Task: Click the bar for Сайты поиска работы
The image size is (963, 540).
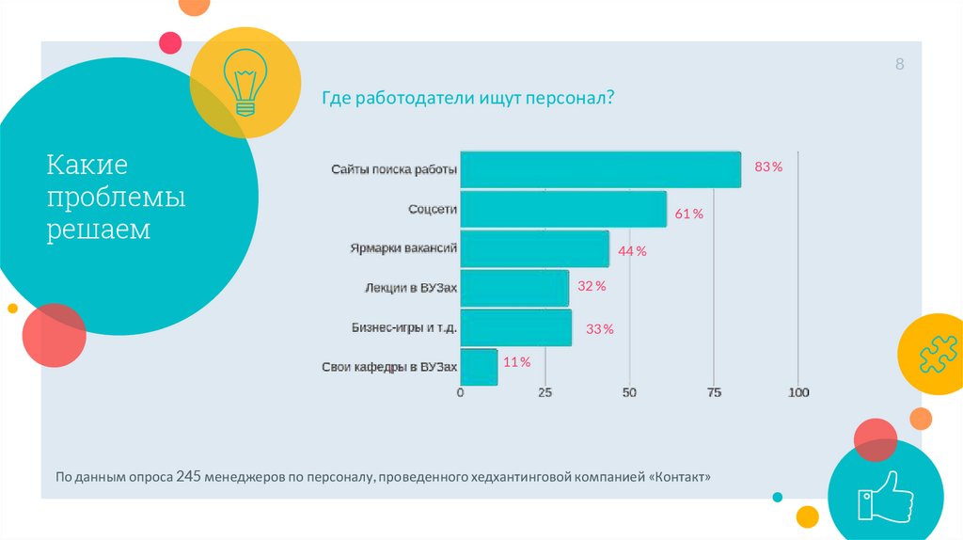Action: (600, 169)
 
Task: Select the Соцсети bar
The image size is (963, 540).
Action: (563, 209)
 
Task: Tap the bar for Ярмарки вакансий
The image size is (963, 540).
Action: (534, 248)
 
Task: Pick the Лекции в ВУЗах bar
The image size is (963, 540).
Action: (514, 288)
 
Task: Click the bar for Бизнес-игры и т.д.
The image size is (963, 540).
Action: (516, 327)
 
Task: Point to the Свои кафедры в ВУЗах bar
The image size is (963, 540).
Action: (479, 367)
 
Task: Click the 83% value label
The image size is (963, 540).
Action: (768, 167)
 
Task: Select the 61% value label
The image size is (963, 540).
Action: (688, 214)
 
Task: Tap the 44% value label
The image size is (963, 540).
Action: (632, 251)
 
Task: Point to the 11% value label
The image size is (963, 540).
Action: (517, 362)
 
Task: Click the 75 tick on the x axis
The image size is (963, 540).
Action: (714, 392)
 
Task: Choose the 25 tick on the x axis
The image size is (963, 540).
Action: (545, 392)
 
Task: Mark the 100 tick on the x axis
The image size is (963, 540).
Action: (798, 392)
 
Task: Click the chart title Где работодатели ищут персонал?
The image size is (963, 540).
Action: (468, 97)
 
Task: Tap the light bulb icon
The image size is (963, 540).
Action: (245, 83)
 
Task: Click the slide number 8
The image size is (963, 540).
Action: (899, 65)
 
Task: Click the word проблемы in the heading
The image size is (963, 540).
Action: (117, 199)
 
